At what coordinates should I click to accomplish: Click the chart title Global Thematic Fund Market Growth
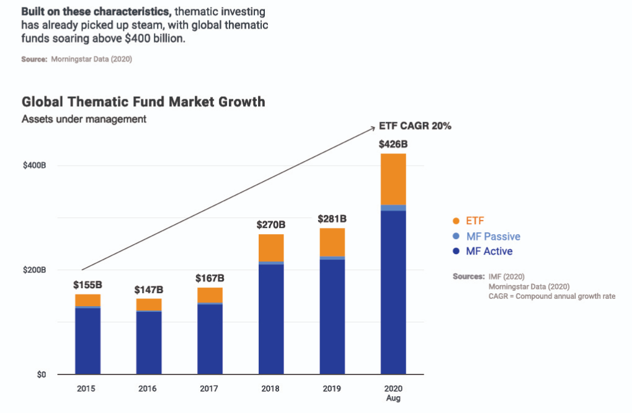tap(143, 101)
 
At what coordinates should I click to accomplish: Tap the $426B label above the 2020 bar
tap(393, 144)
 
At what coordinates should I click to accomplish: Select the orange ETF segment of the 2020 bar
tap(393, 179)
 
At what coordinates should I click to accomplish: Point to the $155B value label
tap(88, 285)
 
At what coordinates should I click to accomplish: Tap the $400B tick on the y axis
tap(35, 166)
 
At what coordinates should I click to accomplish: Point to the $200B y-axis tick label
tap(35, 270)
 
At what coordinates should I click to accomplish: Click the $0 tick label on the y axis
tap(41, 374)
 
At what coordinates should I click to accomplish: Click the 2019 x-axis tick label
tap(332, 389)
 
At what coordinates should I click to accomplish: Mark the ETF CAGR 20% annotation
tap(415, 126)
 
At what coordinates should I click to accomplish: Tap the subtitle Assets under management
tap(84, 119)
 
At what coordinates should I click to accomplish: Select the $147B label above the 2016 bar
tap(149, 290)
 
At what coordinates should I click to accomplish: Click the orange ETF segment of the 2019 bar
tap(332, 242)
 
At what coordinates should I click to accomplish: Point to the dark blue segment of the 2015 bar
tap(88, 341)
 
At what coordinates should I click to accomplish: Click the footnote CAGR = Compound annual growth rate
tap(551, 296)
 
